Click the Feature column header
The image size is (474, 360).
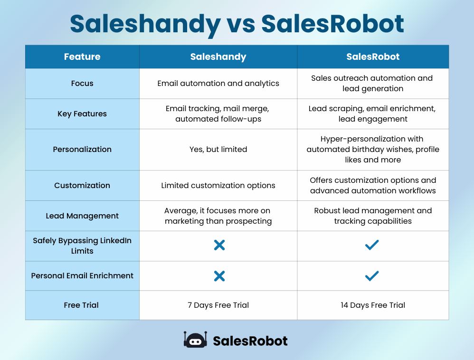coord(82,57)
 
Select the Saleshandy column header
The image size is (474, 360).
coord(218,57)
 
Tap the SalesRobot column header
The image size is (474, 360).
coord(373,57)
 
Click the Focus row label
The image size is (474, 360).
coord(82,84)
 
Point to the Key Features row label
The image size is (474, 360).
coord(82,114)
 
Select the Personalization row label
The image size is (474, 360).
coord(82,149)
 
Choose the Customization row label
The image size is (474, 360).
coord(82,185)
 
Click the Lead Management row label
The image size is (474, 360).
coord(82,216)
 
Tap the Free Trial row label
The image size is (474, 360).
coord(81,305)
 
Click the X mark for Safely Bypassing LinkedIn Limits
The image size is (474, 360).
coord(219,246)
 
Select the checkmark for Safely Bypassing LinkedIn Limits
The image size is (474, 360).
coord(372,245)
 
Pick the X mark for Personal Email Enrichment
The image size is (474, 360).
coord(219,276)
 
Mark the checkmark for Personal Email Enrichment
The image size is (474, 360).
coord(372,275)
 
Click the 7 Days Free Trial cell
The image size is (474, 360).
coord(218,305)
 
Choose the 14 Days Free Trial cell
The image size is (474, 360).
coord(373,305)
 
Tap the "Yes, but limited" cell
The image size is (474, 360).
coord(218,149)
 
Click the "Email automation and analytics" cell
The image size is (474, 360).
coord(218,84)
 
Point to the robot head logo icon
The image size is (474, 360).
coord(195,340)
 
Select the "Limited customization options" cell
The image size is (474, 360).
coord(218,185)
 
